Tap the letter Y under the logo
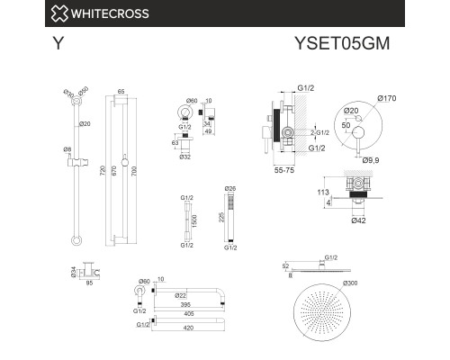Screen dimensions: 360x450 tap(55, 41)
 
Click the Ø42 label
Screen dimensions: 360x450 tap(358, 220)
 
